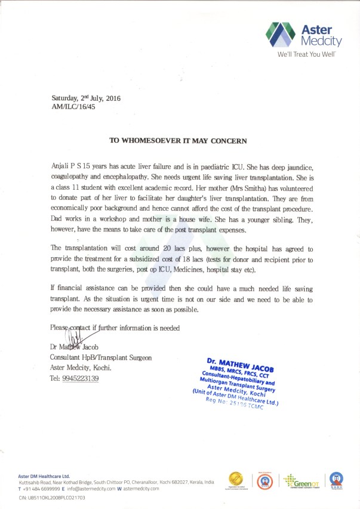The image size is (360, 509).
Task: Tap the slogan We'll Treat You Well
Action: [307, 54]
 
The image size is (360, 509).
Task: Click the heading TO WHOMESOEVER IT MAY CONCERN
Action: [177, 141]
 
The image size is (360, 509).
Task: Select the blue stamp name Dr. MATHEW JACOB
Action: [241, 362]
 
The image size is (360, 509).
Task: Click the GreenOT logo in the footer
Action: [297, 480]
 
